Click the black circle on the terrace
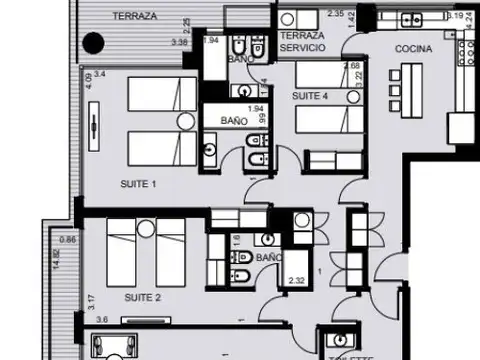93,43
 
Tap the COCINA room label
413,48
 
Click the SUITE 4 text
308,95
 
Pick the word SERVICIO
303,48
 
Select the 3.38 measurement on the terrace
180,42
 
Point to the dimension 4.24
470,29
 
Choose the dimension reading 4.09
89,79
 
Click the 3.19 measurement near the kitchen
455,15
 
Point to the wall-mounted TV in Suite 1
92,128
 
